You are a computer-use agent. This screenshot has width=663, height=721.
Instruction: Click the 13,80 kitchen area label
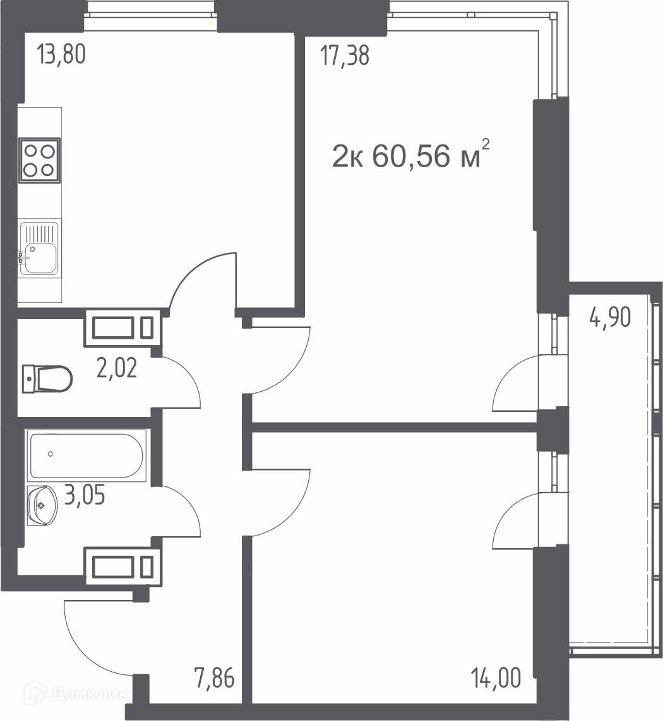(61, 54)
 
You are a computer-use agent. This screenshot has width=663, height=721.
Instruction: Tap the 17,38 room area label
(345, 56)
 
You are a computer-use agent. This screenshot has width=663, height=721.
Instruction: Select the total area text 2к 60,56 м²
(410, 155)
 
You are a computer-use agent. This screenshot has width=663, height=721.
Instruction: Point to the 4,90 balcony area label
(610, 317)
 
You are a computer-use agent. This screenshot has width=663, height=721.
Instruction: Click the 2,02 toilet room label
(117, 368)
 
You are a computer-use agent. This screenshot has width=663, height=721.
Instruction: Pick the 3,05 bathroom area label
(85, 495)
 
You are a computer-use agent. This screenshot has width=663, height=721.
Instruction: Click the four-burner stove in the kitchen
(40, 160)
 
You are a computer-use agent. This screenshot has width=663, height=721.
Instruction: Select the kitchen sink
(40, 249)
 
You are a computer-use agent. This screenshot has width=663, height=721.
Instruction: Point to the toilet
(47, 379)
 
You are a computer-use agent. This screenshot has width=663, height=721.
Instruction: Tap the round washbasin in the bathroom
(42, 505)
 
